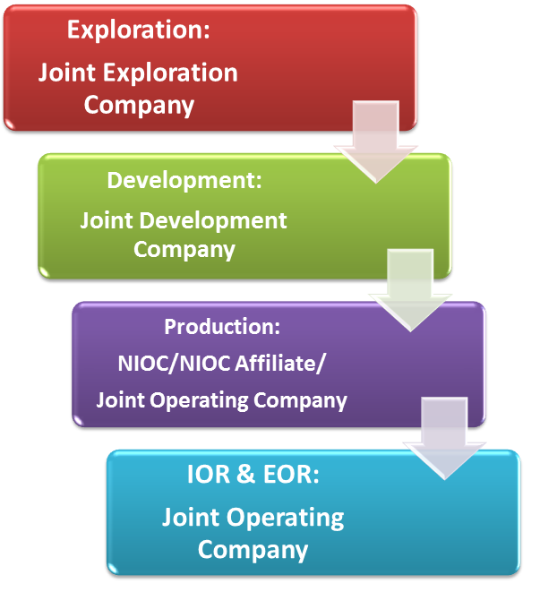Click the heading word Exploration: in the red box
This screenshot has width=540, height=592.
tap(138, 30)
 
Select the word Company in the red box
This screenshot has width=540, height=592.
tap(139, 106)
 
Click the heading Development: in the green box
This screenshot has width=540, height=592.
tap(184, 180)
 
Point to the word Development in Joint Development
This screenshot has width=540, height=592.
tap(213, 221)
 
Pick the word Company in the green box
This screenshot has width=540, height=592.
tap(184, 250)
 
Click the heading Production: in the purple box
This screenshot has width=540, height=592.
tap(222, 327)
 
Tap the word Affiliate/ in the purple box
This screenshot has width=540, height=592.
tap(279, 364)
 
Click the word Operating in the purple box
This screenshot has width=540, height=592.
tap(200, 400)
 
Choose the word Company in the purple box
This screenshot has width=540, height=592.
tap(300, 400)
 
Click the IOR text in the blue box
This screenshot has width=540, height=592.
tap(209, 474)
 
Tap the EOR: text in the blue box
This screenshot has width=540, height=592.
tap(291, 474)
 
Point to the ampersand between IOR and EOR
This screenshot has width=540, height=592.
tap(246, 474)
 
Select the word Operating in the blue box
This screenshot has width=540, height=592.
tap(285, 518)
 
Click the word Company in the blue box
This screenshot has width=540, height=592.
tap(253, 550)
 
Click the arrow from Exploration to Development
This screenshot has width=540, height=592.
tap(376, 142)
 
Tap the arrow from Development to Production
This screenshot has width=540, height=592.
tap(410, 291)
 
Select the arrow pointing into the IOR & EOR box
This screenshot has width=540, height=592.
tap(444, 439)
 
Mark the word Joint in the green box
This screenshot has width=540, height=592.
tap(106, 220)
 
